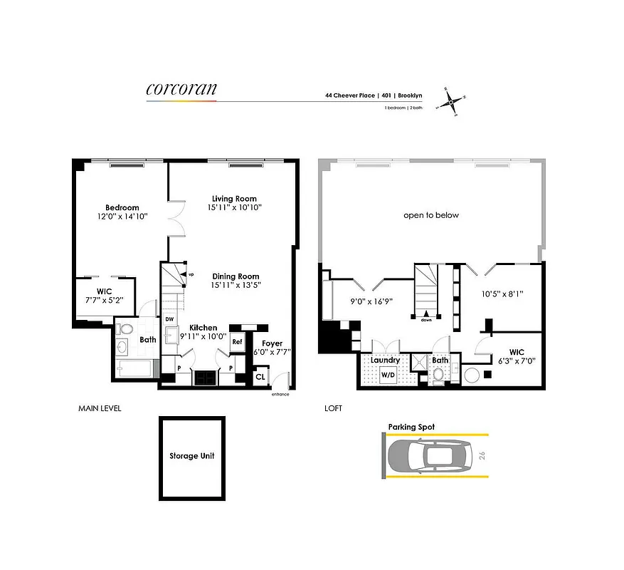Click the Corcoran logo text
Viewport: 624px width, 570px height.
[x=181, y=89]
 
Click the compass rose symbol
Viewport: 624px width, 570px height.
[x=451, y=102]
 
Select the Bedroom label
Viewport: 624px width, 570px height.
[x=122, y=207]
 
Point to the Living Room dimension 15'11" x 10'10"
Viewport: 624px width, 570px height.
[x=234, y=207]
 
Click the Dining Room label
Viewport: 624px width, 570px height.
[x=236, y=276]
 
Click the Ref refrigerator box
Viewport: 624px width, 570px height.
[x=236, y=342]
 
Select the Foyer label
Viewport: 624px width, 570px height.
[x=272, y=343]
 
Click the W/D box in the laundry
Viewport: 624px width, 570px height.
[x=388, y=375]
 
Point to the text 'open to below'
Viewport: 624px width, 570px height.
[x=431, y=215]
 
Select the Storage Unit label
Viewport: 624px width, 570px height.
[x=191, y=456]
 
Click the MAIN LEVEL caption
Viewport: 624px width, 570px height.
[x=100, y=409]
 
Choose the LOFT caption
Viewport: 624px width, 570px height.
[x=332, y=409]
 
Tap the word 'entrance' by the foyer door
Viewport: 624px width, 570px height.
[x=280, y=394]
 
